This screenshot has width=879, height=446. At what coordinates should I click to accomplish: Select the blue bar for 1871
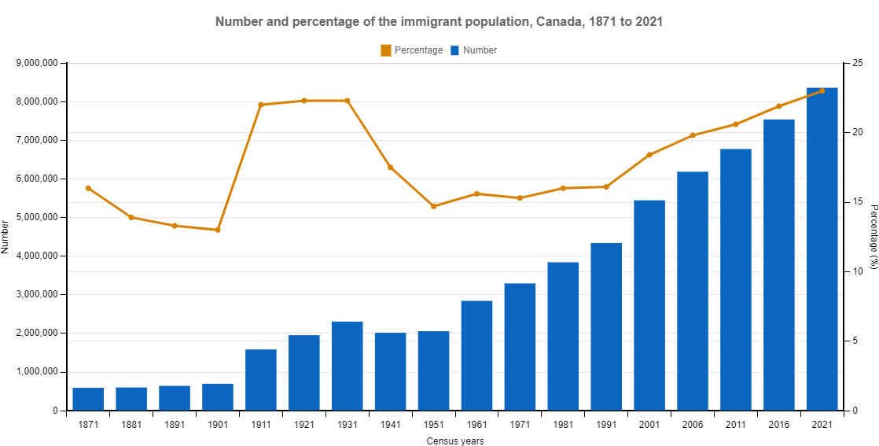click(x=88, y=399)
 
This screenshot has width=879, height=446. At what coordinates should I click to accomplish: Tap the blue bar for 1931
click(x=348, y=366)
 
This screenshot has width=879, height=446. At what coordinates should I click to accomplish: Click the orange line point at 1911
click(x=261, y=105)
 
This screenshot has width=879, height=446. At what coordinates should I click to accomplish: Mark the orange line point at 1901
click(x=218, y=230)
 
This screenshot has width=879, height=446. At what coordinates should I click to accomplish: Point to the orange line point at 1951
click(x=433, y=206)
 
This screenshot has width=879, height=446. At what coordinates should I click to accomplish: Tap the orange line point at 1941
click(x=390, y=167)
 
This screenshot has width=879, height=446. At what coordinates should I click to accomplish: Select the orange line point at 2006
click(x=693, y=135)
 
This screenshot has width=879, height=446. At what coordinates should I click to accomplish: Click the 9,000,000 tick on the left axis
click(x=36, y=63)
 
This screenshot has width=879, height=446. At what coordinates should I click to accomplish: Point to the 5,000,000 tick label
click(x=36, y=217)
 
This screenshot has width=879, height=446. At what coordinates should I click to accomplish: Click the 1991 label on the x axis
click(x=606, y=424)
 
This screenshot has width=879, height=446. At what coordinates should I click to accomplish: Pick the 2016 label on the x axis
click(x=778, y=424)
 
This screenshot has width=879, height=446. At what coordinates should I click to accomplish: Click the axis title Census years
click(x=454, y=440)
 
